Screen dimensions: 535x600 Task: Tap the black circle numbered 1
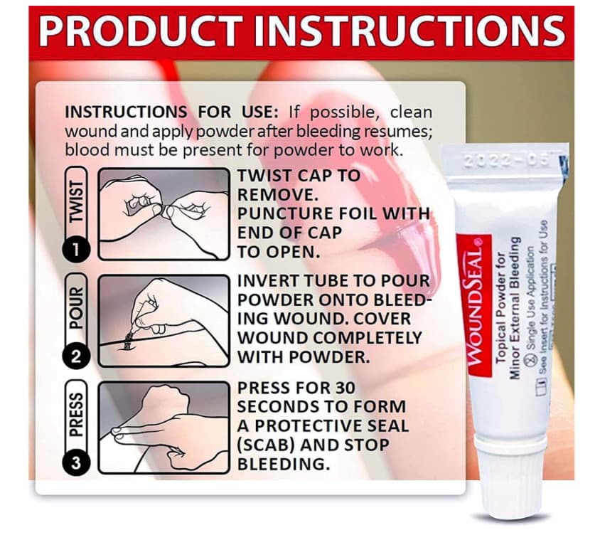[x=76, y=250]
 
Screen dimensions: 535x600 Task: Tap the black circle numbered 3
[x=76, y=463]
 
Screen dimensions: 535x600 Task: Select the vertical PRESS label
[x=76, y=415]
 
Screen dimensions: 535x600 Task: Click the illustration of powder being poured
[x=164, y=321]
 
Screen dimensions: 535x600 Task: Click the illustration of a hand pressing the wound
[x=164, y=428]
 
